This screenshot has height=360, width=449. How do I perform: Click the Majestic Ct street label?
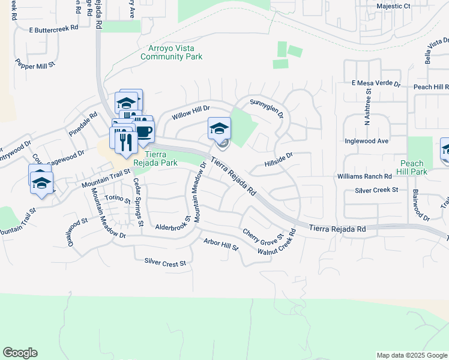pyautogui.click(x=393, y=6)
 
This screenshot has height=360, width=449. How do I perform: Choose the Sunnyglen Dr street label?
pyautogui.click(x=266, y=107)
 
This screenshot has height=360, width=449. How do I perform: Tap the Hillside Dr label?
pyautogui.click(x=278, y=159)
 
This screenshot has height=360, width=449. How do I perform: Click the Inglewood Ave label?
pyautogui.click(x=367, y=141)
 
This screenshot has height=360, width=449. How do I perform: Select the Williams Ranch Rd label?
pyautogui.click(x=364, y=176)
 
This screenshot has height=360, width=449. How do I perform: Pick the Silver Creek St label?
pyautogui.click(x=376, y=190)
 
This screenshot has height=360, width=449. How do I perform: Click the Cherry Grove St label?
pyautogui.click(x=262, y=235)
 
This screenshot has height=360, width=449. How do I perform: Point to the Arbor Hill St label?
pyautogui.click(x=221, y=244)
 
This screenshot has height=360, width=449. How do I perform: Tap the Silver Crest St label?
pyautogui.click(x=165, y=262)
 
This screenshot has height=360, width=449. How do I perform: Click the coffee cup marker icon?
pyautogui.click(x=143, y=131)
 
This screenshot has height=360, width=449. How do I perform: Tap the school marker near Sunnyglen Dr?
pyautogui.click(x=219, y=128)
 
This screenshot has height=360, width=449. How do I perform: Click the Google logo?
pyautogui.click(x=20, y=353)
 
